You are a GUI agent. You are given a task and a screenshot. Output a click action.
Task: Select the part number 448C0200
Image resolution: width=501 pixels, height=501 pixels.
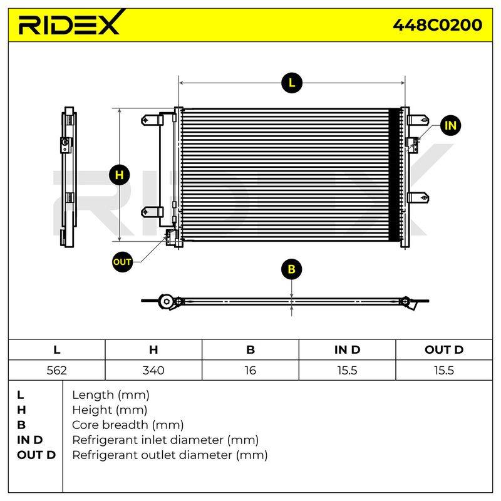[x=437, y=25]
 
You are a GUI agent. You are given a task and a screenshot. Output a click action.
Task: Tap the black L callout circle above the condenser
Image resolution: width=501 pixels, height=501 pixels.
[x=292, y=83]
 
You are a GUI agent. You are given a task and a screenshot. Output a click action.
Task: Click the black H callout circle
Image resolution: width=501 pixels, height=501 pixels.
[x=119, y=175]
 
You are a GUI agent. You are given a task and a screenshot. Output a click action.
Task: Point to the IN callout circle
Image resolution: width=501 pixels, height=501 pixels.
[x=450, y=125]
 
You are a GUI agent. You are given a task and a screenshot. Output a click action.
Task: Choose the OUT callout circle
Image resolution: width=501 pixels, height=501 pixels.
[x=122, y=262]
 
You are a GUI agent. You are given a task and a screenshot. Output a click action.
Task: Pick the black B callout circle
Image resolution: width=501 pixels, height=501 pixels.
[x=291, y=269]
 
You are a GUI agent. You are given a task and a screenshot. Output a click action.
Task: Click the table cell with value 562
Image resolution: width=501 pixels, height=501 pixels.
[x=57, y=370]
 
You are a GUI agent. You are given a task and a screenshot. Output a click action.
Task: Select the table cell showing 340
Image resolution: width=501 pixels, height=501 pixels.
[x=153, y=370]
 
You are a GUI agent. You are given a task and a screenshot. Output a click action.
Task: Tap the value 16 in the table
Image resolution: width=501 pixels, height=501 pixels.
[x=250, y=370]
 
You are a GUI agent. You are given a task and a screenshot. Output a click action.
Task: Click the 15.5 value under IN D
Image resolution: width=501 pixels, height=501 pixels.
[x=347, y=370]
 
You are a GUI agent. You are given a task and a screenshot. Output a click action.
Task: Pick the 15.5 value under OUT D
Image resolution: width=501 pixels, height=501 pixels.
[x=444, y=370]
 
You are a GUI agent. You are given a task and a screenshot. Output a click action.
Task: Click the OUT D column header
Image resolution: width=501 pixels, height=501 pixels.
[x=444, y=349]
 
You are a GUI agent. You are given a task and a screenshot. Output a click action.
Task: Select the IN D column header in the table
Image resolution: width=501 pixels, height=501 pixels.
[x=347, y=349]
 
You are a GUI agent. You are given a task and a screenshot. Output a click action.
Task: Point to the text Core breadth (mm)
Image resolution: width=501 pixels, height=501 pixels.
[x=128, y=425]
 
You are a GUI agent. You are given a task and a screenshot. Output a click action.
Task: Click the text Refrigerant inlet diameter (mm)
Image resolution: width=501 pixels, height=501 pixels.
[x=165, y=440]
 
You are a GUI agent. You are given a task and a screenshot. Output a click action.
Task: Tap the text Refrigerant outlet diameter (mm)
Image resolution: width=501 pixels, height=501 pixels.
[x=170, y=455]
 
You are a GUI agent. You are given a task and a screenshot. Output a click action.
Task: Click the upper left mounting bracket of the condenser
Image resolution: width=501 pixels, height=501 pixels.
[x=152, y=120]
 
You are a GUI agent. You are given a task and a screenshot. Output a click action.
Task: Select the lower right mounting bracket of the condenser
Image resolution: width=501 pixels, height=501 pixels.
[x=418, y=197]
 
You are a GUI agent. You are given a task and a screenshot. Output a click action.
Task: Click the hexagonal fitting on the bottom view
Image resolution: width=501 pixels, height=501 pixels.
[x=167, y=301]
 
